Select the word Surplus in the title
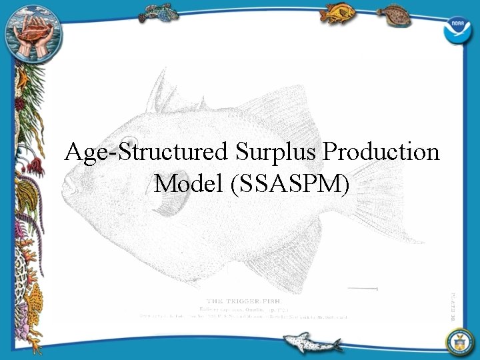click(x=276, y=153)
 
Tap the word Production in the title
click(x=381, y=153)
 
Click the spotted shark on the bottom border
click(x=310, y=343)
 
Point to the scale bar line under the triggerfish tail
click(x=363, y=289)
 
